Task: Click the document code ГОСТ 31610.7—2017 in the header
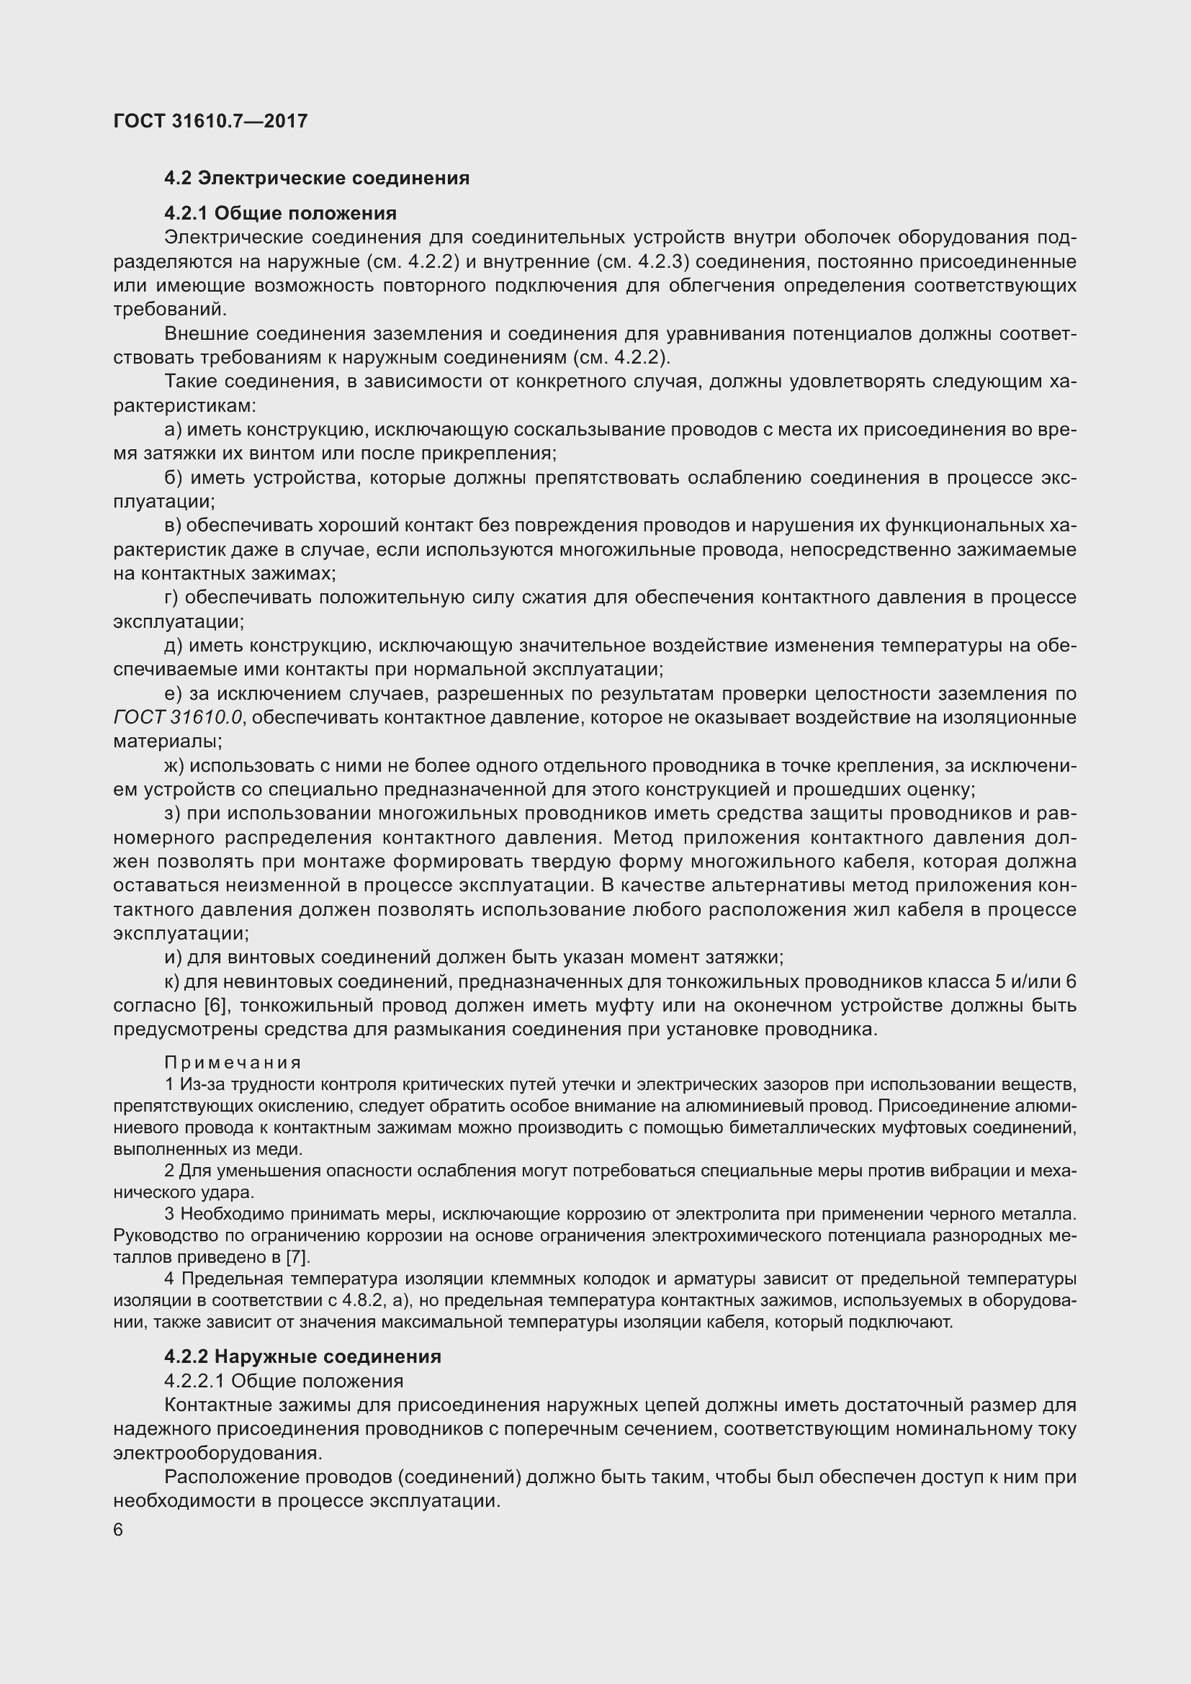click(210, 121)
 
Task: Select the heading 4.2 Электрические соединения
click(317, 179)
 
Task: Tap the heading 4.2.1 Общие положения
click(280, 213)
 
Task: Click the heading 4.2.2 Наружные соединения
click(302, 1356)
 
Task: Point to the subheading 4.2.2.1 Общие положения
click(284, 1381)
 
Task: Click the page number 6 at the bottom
click(119, 1530)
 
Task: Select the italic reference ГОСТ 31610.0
click(177, 717)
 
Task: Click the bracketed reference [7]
click(297, 1257)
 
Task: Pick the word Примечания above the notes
click(233, 1063)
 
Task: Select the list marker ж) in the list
click(175, 766)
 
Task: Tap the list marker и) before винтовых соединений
click(173, 957)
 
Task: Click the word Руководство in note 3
click(163, 1236)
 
